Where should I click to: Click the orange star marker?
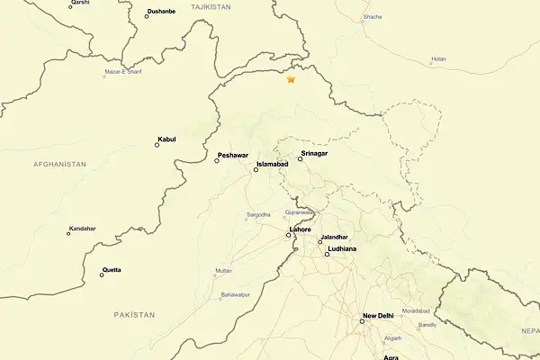tap(291, 79)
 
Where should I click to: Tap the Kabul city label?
tap(166, 139)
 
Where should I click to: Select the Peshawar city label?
tap(232, 156)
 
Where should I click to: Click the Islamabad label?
tap(272, 165)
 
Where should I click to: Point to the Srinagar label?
tap(314, 154)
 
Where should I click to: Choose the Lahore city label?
tap(301, 229)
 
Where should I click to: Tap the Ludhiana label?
tap(342, 247)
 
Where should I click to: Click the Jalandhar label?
tap(334, 237)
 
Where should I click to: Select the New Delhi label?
tap(378, 316)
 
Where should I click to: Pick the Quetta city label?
tap(112, 269)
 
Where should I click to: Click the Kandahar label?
tap(82, 229)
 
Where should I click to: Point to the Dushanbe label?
tap(160, 11)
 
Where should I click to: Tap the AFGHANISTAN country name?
tap(59, 164)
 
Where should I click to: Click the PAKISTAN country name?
tap(134, 314)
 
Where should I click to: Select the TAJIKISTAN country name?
tap(211, 6)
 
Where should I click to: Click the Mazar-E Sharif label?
tap(124, 71)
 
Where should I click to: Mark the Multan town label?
tap(224, 270)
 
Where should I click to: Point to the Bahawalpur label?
tap(235, 294)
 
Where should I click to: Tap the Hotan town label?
tap(438, 59)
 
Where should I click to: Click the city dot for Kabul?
tap(157, 145)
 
